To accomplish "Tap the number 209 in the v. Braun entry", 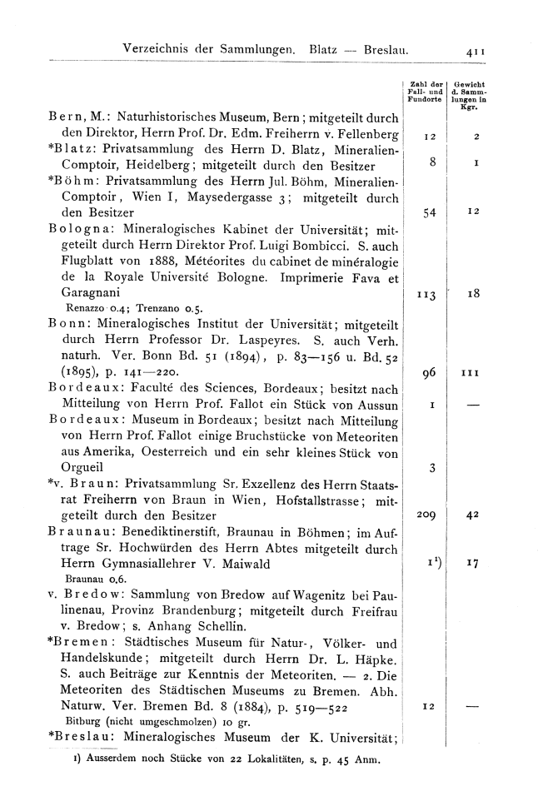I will (427, 515).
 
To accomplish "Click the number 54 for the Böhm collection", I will (430, 214).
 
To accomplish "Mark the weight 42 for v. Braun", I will (471, 515).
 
